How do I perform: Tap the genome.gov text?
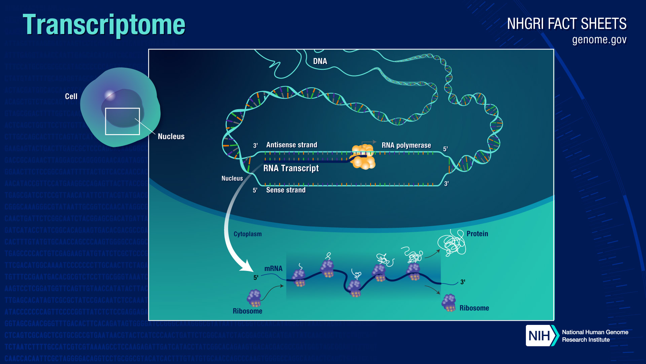click(599, 40)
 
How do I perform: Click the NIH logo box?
click(539, 336)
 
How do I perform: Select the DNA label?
click(320, 61)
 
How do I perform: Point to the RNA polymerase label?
click(406, 145)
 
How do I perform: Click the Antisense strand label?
click(291, 145)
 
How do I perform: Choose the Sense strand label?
click(286, 190)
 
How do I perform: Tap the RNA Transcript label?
click(291, 168)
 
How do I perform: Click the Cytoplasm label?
click(247, 234)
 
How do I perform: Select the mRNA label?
click(273, 269)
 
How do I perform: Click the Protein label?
click(477, 234)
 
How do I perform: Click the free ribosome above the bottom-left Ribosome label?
click(254, 298)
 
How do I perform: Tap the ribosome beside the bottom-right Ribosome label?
click(449, 302)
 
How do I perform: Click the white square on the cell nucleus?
click(122, 121)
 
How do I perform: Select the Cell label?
click(71, 96)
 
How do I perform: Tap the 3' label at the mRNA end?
click(463, 282)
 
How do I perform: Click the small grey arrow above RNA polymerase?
click(369, 142)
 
